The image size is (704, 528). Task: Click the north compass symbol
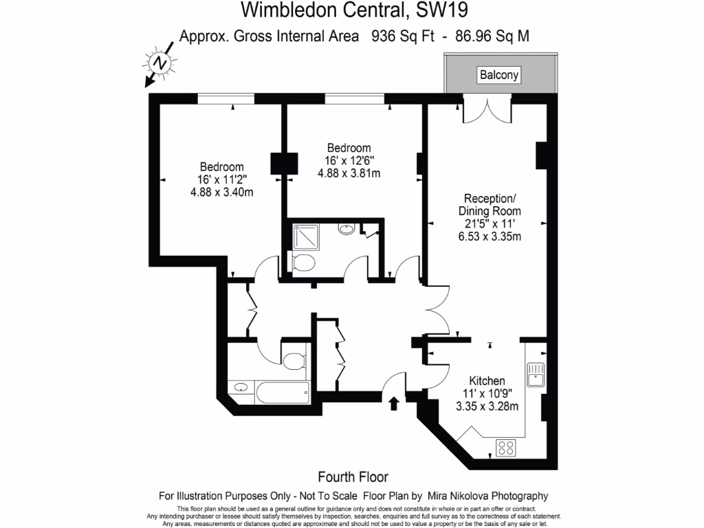point(161,63)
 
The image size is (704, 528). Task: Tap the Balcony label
point(499,74)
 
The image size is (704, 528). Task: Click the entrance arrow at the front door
point(394,403)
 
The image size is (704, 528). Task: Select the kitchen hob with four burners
point(507,448)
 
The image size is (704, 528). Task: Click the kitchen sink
point(536,375)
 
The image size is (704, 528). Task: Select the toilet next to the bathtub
point(294,361)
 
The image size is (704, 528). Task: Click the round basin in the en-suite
point(347,229)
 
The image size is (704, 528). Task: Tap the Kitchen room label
point(487,381)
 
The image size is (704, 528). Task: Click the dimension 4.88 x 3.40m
point(221,192)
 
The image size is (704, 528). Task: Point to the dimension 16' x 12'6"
point(349,160)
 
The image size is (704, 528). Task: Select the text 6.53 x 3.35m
point(489,236)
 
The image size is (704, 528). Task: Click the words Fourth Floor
point(353,477)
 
